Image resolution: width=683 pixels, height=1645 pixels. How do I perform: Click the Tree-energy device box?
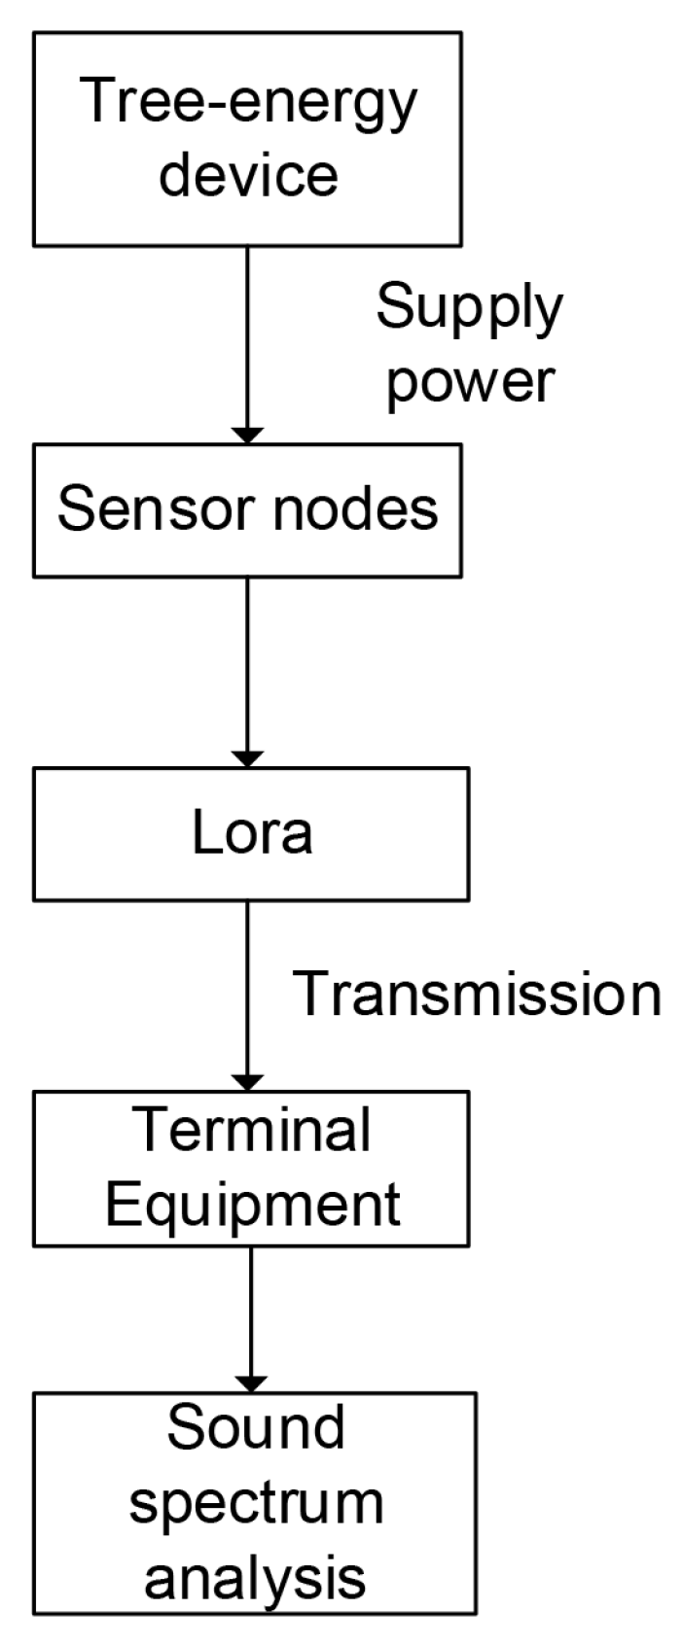click(x=247, y=138)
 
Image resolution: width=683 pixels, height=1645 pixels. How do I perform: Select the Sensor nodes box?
click(x=247, y=510)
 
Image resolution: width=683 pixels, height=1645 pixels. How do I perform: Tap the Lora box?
click(x=251, y=833)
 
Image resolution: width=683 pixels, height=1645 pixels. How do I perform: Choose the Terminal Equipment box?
click(x=251, y=1168)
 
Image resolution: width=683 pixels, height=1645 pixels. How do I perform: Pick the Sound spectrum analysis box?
click(x=255, y=1503)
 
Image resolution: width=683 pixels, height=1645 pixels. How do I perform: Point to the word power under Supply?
click(x=471, y=381)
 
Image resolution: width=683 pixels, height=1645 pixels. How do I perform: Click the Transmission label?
click(x=477, y=994)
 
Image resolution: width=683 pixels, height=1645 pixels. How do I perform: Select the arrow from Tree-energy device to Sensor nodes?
click(x=247, y=340)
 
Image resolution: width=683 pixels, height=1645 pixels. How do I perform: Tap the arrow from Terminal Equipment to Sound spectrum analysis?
click(x=252, y=1312)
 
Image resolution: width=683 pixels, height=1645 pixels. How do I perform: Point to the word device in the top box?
click(x=248, y=174)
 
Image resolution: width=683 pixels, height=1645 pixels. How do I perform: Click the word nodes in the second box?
click(x=355, y=507)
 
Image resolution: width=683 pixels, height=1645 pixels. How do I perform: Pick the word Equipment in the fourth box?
click(x=252, y=1204)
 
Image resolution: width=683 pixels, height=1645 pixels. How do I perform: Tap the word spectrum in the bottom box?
click(x=257, y=1503)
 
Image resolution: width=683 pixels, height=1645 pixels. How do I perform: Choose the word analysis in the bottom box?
click(x=256, y=1576)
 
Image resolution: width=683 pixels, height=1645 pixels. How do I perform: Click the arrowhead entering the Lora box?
click(x=247, y=757)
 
